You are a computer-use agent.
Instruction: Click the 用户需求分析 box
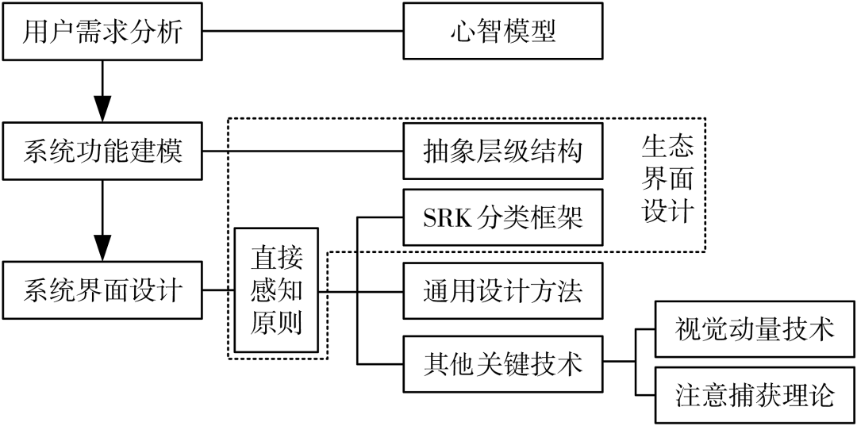click(103, 32)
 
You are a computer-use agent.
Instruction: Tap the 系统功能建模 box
click(103, 151)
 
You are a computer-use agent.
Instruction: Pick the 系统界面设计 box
click(103, 290)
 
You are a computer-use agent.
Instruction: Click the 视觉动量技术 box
click(754, 328)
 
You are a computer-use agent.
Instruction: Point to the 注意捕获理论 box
click(754, 394)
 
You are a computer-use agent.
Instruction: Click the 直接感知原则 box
click(277, 290)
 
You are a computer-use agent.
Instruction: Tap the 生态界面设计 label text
click(667, 179)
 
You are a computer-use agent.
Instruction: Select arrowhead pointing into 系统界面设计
click(102, 248)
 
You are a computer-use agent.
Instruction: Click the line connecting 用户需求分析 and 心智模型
click(304, 32)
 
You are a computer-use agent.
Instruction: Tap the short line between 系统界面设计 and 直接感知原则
click(217, 290)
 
